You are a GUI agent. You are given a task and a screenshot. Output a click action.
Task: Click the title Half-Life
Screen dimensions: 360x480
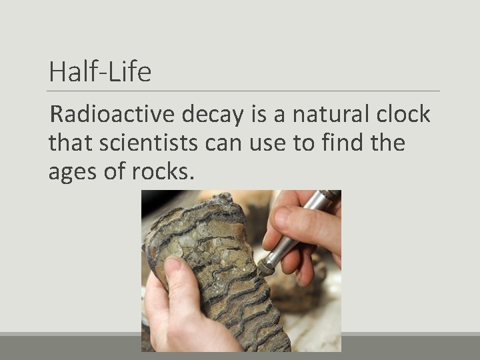(x=100, y=72)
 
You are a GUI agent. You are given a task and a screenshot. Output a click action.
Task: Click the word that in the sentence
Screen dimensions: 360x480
(x=69, y=143)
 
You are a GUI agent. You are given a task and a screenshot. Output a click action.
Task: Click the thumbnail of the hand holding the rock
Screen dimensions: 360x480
(x=172, y=266)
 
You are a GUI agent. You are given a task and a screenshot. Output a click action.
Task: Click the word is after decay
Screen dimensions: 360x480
(x=257, y=115)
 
